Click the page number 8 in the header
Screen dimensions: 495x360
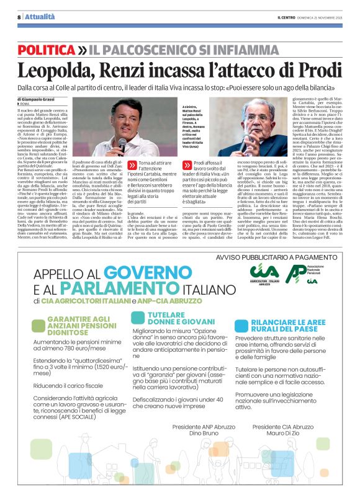19,17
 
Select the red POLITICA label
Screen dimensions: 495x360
47,48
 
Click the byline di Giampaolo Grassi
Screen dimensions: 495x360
41,99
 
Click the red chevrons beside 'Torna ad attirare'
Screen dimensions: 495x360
132,165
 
